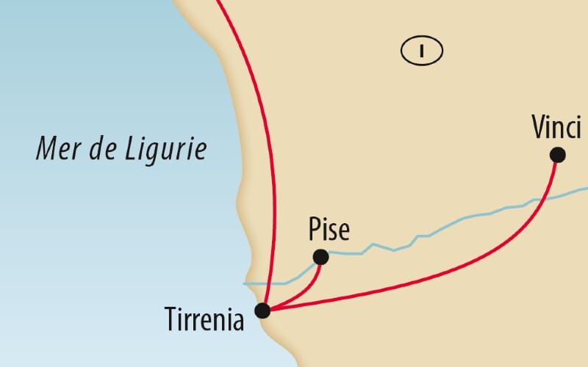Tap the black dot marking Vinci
557,154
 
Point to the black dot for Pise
320,257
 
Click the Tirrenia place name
204,320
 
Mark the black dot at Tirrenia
262,310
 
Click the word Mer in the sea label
57,150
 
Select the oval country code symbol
421,51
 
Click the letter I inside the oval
421,51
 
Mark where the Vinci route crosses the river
542,198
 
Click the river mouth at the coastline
246,283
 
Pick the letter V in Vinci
538,127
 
